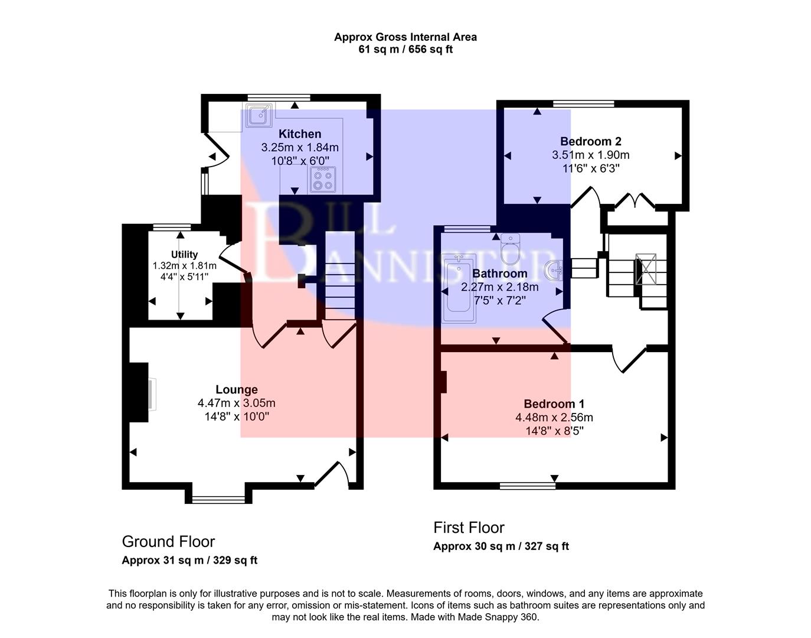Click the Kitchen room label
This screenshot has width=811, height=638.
pos(300,134)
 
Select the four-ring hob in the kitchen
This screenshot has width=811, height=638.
pos(322,179)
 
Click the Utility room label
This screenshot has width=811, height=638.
pos(184,255)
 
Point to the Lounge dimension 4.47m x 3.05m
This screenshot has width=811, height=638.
pos(236,403)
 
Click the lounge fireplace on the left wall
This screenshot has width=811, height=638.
pos(142,394)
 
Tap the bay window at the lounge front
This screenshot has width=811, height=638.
pos(218,499)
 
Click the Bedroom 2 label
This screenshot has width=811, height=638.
pos(590,141)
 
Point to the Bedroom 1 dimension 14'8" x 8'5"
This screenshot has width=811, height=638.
pos(554,431)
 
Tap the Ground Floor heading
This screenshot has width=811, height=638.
pos(168,541)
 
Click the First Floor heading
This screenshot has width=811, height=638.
pos(469,528)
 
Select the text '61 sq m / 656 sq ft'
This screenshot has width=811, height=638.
pos(405,50)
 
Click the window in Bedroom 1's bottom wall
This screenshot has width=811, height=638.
pos(527,486)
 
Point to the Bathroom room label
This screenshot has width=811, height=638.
pos(499,274)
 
